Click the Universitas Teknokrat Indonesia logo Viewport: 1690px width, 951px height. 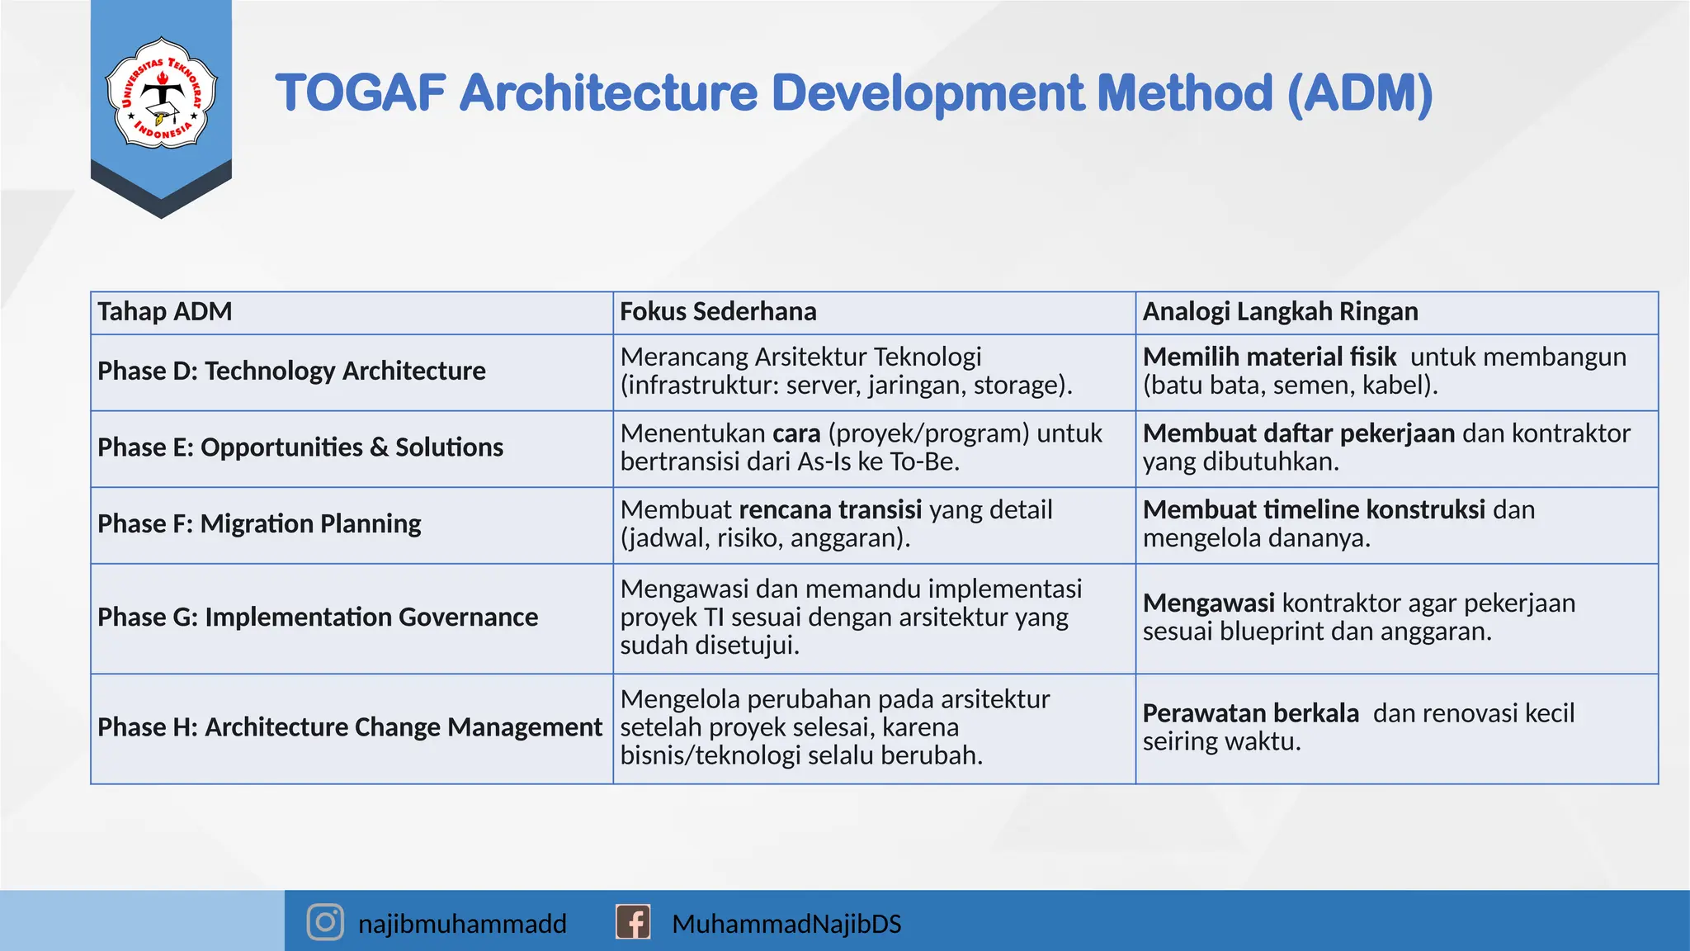pyautogui.click(x=161, y=93)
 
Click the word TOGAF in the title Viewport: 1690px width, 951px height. pyautogui.click(x=361, y=92)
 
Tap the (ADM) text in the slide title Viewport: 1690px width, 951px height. pyautogui.click(x=1359, y=92)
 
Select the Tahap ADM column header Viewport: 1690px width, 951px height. pyautogui.click(x=164, y=312)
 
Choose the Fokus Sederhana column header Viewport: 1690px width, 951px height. pyautogui.click(x=718, y=312)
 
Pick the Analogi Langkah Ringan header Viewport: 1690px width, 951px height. pyautogui.click(x=1280, y=312)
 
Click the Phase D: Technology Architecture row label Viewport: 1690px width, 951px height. pyautogui.click(x=291, y=371)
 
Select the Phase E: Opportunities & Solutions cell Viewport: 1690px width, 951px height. pyautogui.click(x=300, y=447)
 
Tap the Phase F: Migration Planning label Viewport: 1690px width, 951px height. pyautogui.click(x=259, y=524)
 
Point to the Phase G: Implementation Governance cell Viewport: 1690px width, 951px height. pyautogui.click(x=318, y=617)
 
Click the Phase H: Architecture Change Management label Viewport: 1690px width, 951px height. pyautogui.click(x=350, y=727)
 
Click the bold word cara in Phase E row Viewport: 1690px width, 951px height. pyautogui.click(x=796, y=433)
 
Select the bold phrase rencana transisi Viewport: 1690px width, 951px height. pyautogui.click(x=830, y=510)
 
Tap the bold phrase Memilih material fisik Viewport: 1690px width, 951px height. pyautogui.click(x=1269, y=357)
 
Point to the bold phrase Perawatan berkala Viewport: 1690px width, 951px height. pyautogui.click(x=1250, y=713)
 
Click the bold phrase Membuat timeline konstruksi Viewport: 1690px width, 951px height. pyautogui.click(x=1314, y=510)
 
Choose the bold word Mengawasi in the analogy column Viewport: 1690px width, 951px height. pyautogui.click(x=1208, y=603)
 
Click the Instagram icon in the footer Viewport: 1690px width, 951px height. pyautogui.click(x=325, y=922)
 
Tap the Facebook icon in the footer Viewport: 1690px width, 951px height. pyautogui.click(x=633, y=922)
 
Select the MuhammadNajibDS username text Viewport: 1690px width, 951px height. pyautogui.click(x=786, y=924)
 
